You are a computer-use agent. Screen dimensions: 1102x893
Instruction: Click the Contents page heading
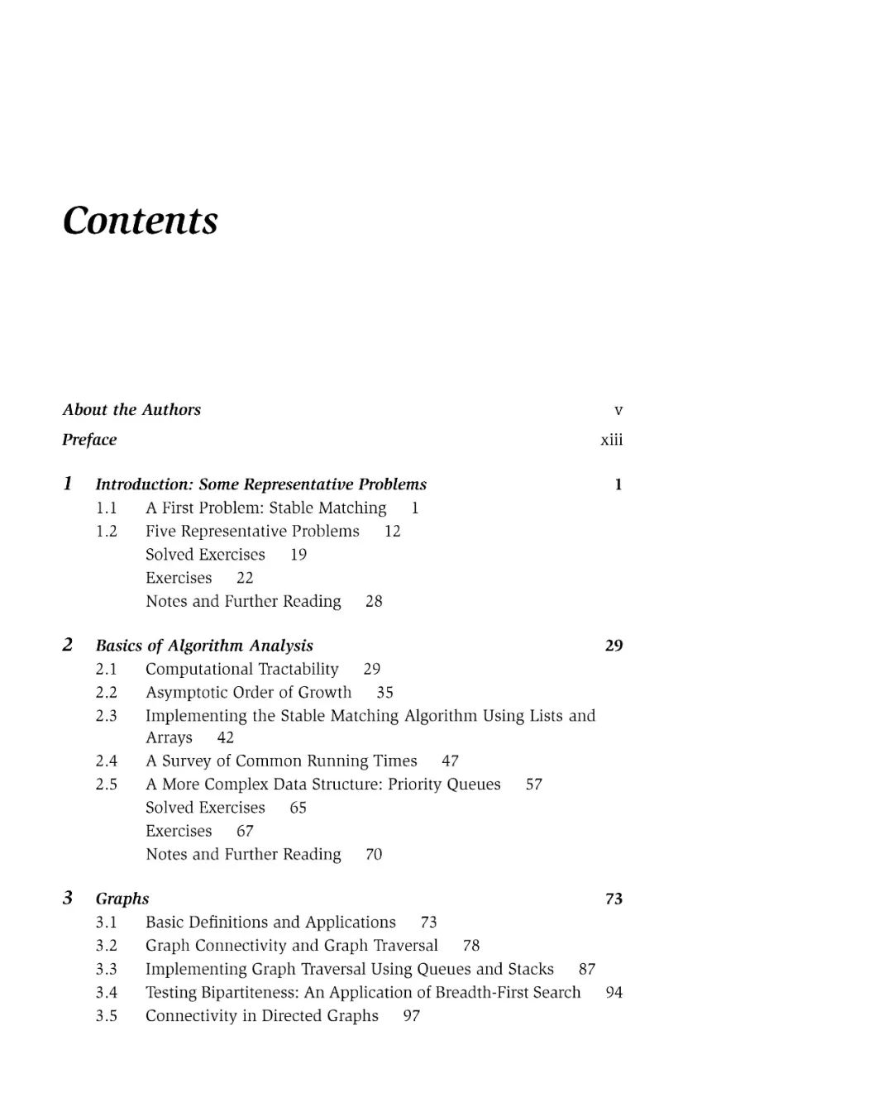point(141,221)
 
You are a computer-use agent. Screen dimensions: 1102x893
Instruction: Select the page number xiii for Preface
point(612,440)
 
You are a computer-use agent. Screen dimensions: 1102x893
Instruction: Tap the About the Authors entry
point(131,410)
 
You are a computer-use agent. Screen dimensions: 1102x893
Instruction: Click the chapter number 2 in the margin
point(68,645)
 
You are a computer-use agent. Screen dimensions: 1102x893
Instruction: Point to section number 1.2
point(107,532)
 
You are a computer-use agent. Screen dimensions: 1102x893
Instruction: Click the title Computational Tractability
point(242,670)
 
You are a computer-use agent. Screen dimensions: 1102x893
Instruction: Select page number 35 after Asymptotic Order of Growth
point(385,693)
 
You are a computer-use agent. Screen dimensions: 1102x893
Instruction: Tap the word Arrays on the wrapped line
point(169,738)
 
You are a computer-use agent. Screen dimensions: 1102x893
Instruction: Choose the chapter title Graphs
point(122,899)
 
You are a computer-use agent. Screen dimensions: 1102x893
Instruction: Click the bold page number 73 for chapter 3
point(614,899)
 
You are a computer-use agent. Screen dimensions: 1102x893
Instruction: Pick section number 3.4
point(107,993)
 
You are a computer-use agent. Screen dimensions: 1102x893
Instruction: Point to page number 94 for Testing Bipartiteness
point(614,993)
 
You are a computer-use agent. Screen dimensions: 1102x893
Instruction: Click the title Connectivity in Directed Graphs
point(262,1016)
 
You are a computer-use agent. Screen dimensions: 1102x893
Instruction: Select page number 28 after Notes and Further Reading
point(374,602)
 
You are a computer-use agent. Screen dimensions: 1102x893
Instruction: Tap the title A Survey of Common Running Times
point(281,761)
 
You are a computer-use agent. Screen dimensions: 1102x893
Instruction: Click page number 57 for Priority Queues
point(534,785)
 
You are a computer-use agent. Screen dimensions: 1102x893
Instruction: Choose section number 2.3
point(107,716)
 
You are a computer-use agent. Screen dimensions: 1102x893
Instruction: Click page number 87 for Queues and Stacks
point(587,970)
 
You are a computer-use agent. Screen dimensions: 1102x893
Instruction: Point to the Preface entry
point(89,440)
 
